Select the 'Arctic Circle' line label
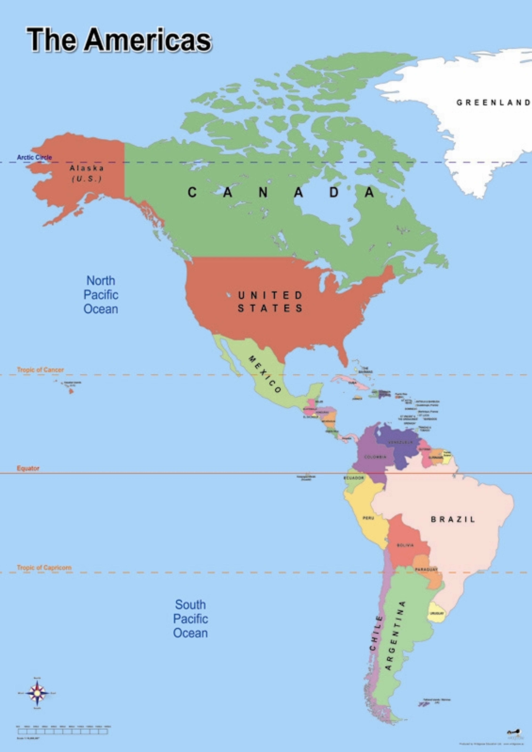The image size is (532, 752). [34, 157]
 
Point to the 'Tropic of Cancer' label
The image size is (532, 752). [40, 370]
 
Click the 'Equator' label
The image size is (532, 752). [28, 468]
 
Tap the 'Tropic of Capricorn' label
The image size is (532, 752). [44, 568]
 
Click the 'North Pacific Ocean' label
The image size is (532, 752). [101, 295]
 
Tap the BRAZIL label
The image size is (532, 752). [453, 519]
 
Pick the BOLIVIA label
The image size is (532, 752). [405, 545]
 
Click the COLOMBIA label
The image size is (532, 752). [375, 457]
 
